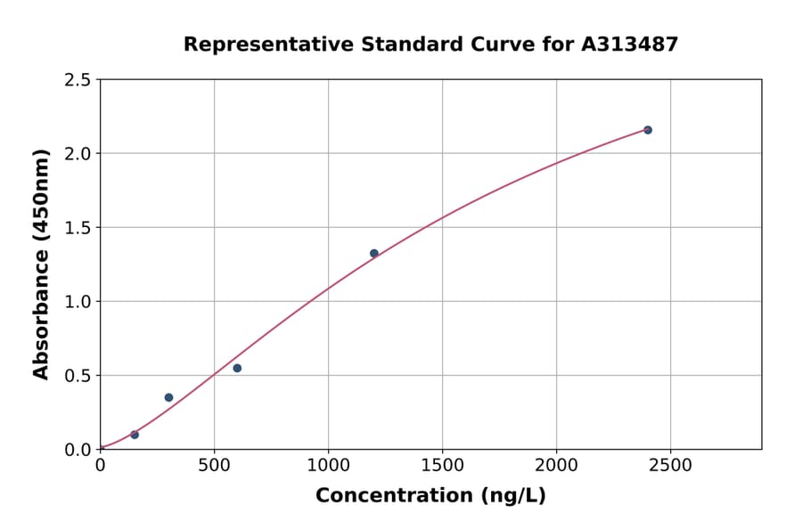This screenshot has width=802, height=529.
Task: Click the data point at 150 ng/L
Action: (x=135, y=435)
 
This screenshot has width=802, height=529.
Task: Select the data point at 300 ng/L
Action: (x=168, y=397)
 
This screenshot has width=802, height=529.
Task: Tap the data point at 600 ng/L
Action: (x=237, y=368)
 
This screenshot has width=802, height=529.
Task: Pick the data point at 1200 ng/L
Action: (x=374, y=253)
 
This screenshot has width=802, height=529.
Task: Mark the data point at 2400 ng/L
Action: (x=648, y=130)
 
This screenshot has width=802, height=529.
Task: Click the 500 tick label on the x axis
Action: (x=214, y=465)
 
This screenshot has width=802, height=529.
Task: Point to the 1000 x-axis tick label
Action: (x=328, y=465)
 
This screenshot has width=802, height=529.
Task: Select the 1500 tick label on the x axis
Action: (x=442, y=465)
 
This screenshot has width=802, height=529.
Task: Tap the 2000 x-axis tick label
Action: (x=557, y=465)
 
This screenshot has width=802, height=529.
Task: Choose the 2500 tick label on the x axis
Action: (x=671, y=465)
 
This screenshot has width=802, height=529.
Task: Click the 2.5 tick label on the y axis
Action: (x=78, y=80)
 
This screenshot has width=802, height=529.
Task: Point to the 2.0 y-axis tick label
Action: (x=78, y=154)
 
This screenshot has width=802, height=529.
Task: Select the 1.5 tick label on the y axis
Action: (x=78, y=228)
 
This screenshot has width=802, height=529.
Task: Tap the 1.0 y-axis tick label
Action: (x=78, y=302)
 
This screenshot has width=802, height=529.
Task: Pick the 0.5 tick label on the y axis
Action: (x=78, y=376)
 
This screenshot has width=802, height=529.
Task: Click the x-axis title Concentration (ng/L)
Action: (x=430, y=496)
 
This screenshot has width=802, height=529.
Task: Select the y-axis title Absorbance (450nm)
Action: (x=41, y=264)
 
